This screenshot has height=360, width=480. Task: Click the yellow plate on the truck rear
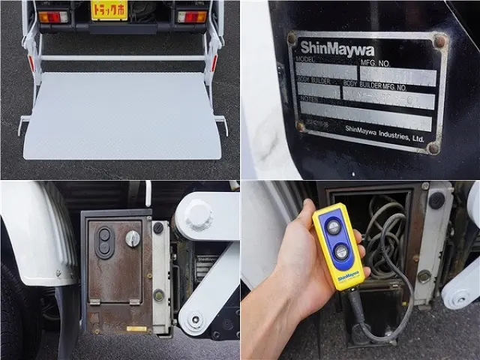click(109, 10)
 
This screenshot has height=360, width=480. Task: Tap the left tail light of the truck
click(52, 16)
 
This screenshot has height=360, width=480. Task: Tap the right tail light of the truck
click(192, 16)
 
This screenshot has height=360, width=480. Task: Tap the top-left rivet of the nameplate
click(292, 37)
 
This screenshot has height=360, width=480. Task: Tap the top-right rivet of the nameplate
click(440, 42)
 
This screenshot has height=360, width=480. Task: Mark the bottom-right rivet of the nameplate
click(433, 148)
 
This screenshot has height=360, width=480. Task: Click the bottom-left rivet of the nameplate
click(301, 126)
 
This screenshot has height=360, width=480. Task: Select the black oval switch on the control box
click(105, 241)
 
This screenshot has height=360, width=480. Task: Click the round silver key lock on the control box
click(132, 238)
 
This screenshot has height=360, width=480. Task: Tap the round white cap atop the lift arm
click(198, 216)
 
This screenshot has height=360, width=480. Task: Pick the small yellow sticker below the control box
click(136, 328)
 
